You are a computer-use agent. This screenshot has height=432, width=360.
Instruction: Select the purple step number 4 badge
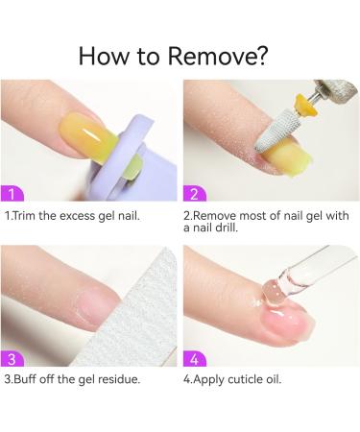pyautogui.click(x=195, y=359)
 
